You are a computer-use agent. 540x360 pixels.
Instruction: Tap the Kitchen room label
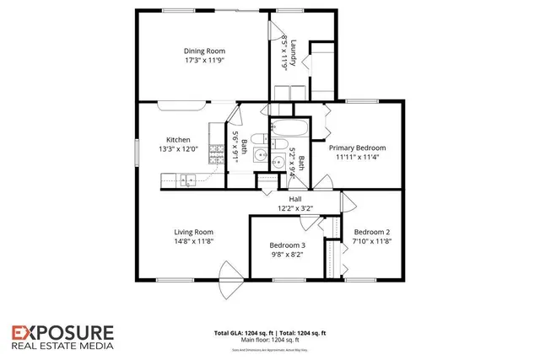click(178, 140)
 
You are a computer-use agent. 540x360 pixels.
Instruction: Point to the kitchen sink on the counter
click(187, 178)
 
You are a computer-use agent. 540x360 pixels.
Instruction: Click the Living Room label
click(193, 232)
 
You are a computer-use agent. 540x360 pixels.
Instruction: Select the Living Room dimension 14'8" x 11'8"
click(193, 242)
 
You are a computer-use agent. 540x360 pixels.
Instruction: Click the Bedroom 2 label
click(371, 232)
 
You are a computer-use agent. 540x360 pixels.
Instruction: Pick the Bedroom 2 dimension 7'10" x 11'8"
click(371, 242)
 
